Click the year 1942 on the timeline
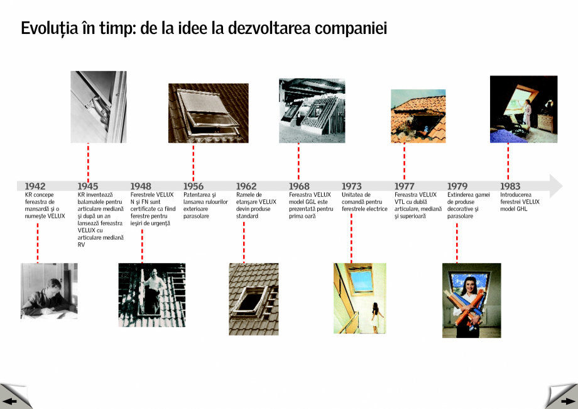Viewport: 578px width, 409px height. (35, 186)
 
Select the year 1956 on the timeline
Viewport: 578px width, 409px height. (194, 186)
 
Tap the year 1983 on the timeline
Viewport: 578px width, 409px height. (510, 186)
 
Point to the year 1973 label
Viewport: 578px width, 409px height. (352, 186)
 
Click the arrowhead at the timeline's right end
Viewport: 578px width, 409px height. (555, 186)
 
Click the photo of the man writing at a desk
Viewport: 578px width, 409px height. (49, 291)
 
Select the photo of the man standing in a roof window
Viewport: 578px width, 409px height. (151, 295)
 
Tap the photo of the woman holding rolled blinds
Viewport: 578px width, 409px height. (471, 300)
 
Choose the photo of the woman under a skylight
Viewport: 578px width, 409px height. (359, 298)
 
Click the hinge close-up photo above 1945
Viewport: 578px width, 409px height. (98, 107)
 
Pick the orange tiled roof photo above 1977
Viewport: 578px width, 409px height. (418, 116)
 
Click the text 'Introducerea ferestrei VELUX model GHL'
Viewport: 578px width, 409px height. (520, 202)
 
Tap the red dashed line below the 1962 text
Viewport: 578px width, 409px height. (244, 242)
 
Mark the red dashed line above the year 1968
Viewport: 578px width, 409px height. (298, 162)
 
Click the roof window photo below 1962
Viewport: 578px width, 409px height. (253, 299)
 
